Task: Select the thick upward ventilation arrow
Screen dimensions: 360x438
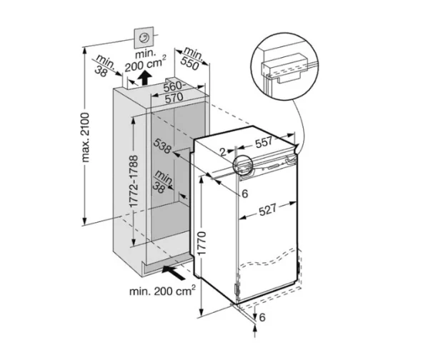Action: coord(145,76)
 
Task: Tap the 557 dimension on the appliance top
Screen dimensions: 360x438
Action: coord(265,143)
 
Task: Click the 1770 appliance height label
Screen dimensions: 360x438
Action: coord(203,245)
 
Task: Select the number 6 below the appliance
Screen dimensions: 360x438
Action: coord(262,316)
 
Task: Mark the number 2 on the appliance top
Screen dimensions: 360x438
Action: coord(223,151)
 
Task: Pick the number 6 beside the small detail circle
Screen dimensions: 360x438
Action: coord(243,193)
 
